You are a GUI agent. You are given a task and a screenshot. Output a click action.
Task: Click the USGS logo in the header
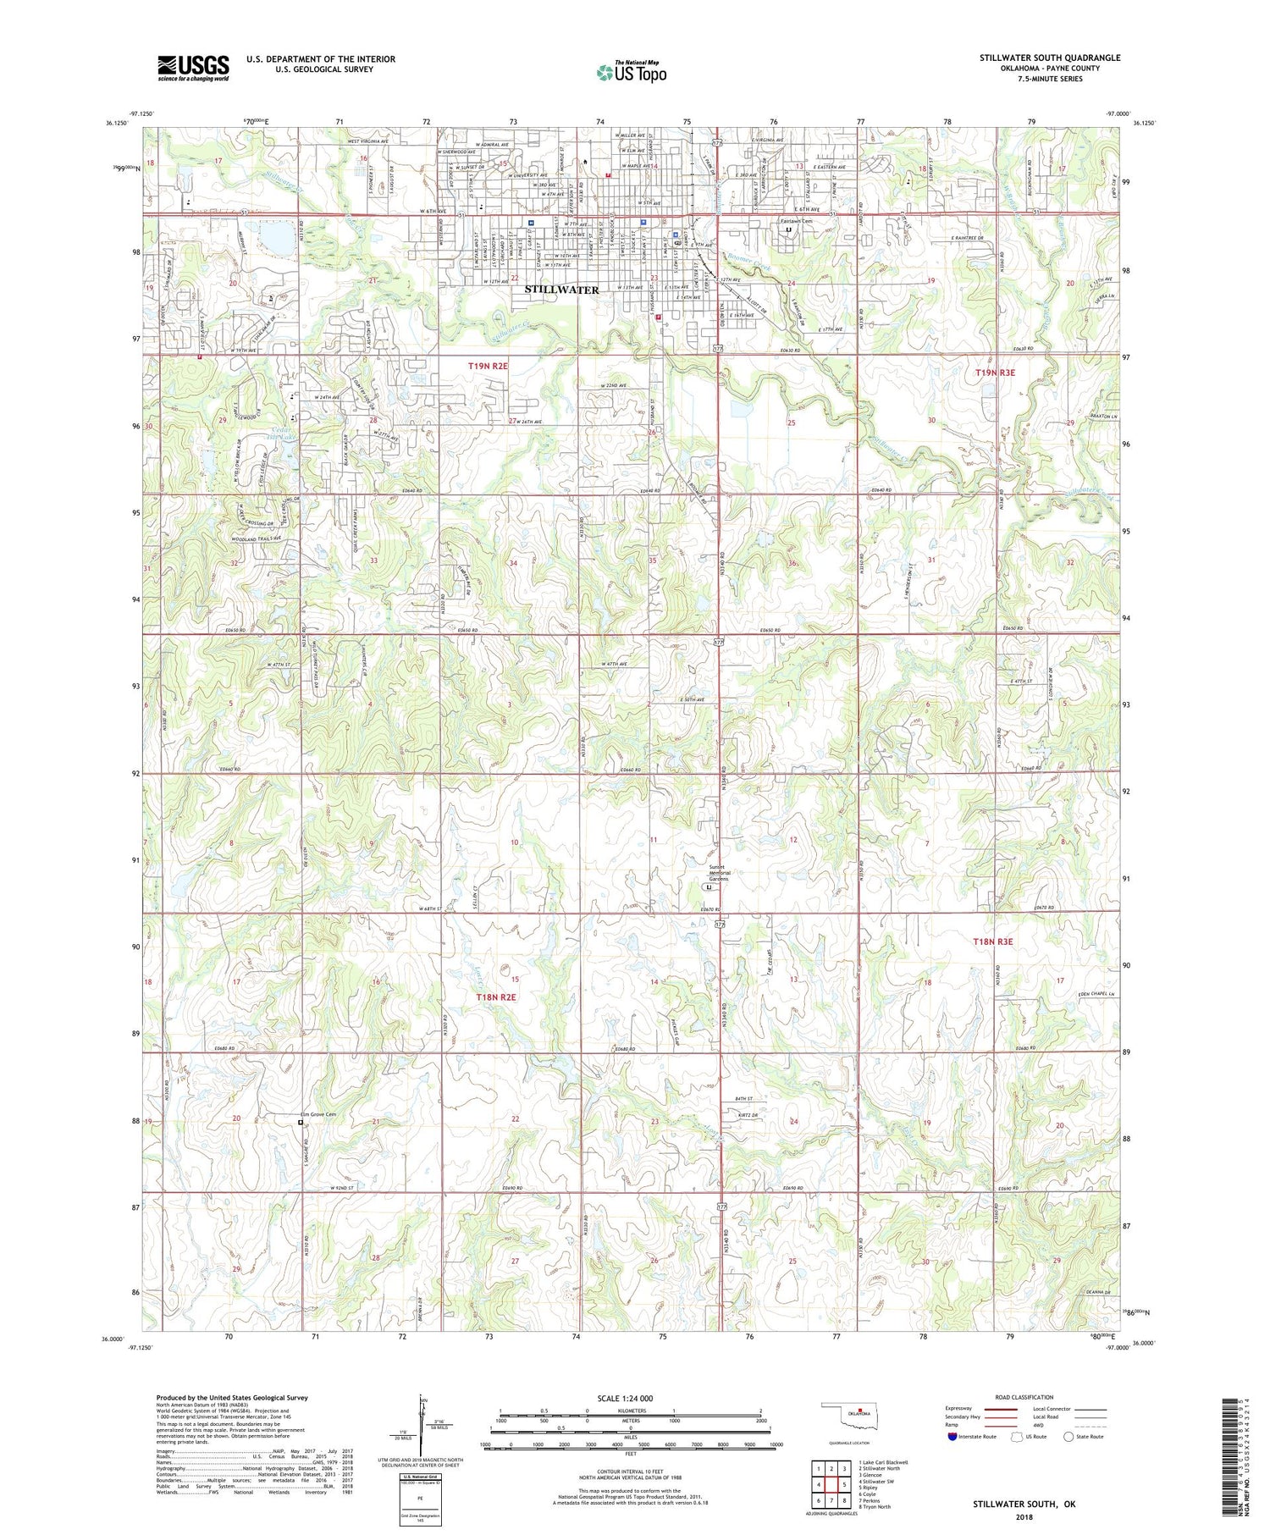193,68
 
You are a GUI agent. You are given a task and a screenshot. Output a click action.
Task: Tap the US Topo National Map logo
631,72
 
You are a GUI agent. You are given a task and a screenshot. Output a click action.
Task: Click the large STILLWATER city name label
561,290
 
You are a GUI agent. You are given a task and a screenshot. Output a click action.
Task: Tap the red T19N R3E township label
1005,373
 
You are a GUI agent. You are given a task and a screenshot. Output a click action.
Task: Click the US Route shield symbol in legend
1017,1437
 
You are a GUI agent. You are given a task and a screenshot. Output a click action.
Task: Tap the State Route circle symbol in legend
1068,1437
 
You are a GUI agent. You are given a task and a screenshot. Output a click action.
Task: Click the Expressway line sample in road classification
1000,1409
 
